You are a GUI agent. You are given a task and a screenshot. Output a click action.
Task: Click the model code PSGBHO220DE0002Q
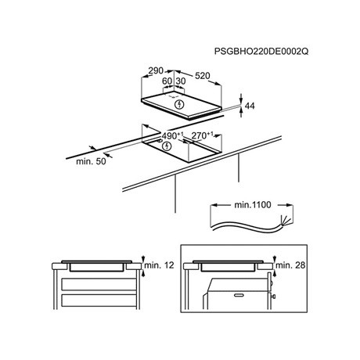pyautogui.click(x=261, y=52)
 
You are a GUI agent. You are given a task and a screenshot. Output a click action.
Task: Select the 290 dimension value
pyautogui.click(x=156, y=70)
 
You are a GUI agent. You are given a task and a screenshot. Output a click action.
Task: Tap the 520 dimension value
pyautogui.click(x=203, y=76)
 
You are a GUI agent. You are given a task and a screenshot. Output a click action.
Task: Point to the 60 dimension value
pyautogui.click(x=167, y=81)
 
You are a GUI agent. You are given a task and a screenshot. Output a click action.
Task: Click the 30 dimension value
pyautogui.click(x=181, y=81)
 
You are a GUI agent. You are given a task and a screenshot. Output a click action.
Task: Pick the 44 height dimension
pyautogui.click(x=250, y=106)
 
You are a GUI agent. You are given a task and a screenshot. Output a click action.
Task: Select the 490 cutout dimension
pyautogui.click(x=172, y=135)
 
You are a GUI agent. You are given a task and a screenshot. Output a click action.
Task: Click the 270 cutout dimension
pyautogui.click(x=202, y=135)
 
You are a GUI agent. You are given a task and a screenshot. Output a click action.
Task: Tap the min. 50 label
pyautogui.click(x=91, y=161)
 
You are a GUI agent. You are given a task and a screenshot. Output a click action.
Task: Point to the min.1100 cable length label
pyautogui.click(x=253, y=205)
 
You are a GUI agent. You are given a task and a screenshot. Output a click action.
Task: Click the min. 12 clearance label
pyautogui.click(x=159, y=265)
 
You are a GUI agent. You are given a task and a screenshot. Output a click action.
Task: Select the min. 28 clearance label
pyautogui.click(x=290, y=265)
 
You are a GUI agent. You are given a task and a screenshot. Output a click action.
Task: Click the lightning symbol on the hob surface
pyautogui.click(x=179, y=104)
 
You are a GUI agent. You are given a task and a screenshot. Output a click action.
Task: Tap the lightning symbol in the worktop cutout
pyautogui.click(x=167, y=146)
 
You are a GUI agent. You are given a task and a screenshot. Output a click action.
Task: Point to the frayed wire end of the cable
pyautogui.click(x=285, y=221)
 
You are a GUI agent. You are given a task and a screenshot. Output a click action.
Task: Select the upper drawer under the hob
pyautogui.click(x=99, y=284)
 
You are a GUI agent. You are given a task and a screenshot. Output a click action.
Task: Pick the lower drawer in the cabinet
pyautogui.click(x=99, y=301)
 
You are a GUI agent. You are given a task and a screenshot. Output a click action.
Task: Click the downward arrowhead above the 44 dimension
pyautogui.click(x=241, y=100)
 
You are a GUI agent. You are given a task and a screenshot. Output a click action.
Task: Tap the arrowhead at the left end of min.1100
pyautogui.click(x=214, y=205)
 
